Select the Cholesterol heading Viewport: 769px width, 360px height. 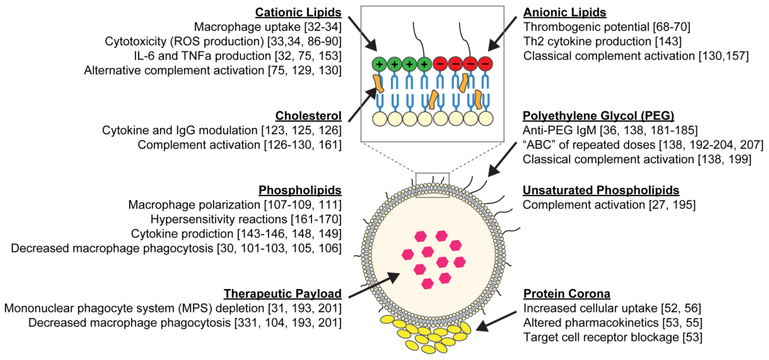click(x=308, y=116)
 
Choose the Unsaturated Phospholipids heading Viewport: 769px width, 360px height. click(x=601, y=190)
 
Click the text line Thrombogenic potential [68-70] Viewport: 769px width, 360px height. click(x=607, y=27)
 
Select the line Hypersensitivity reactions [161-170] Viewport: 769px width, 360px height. click(x=246, y=219)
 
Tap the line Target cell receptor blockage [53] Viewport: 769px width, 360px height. click(x=613, y=337)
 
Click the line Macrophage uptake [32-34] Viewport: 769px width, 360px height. click(x=268, y=27)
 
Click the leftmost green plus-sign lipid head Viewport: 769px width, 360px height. click(x=379, y=64)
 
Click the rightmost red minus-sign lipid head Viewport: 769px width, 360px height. click(x=485, y=64)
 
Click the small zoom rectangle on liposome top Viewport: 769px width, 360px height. click(x=432, y=185)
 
